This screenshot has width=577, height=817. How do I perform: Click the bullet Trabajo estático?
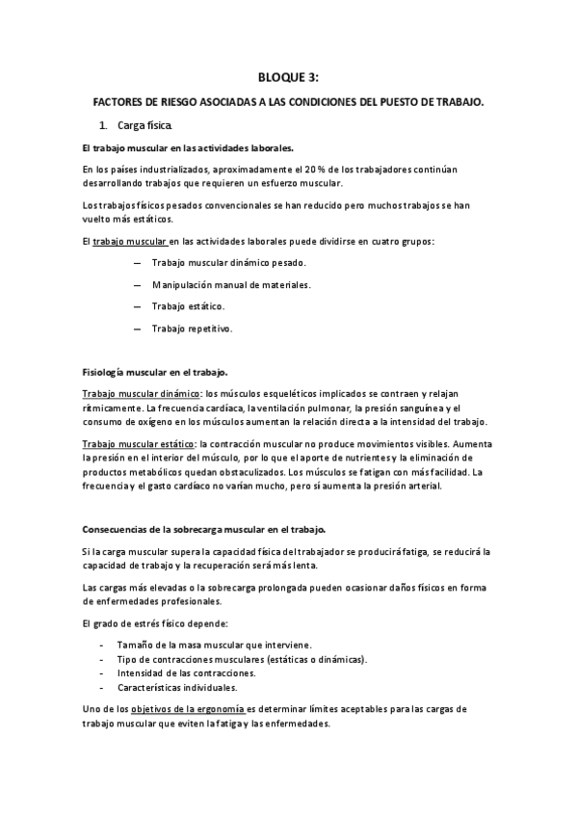[x=188, y=306]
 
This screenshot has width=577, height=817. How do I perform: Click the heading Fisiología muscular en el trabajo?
[x=155, y=372]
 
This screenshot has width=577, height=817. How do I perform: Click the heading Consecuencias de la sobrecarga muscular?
[x=203, y=530]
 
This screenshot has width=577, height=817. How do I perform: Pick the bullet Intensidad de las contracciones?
[x=199, y=672]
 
